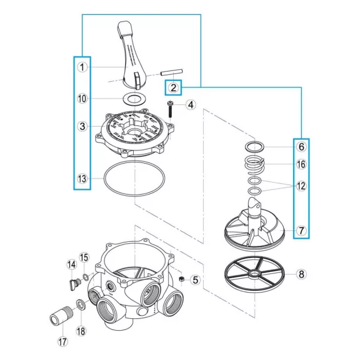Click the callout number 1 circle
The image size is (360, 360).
(x=82, y=67)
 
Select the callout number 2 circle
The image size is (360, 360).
(x=173, y=88)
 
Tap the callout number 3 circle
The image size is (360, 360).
(x=82, y=126)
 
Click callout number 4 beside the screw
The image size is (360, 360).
(x=190, y=105)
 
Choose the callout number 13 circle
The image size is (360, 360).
(x=82, y=179)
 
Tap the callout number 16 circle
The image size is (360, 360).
(x=301, y=164)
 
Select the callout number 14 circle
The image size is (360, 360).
(x=71, y=264)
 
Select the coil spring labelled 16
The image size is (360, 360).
(x=256, y=162)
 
